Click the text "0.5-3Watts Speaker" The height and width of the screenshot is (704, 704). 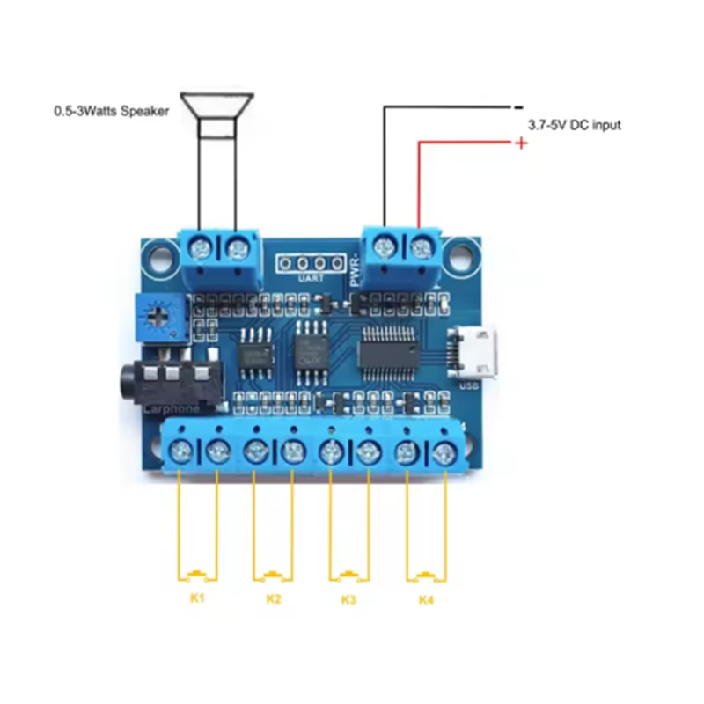[x=109, y=112]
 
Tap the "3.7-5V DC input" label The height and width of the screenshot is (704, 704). [x=574, y=125]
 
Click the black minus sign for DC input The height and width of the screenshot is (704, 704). [x=518, y=107]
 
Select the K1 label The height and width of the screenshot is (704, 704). [x=197, y=598]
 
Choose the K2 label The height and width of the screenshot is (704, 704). [x=274, y=599]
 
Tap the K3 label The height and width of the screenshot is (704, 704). [x=348, y=599]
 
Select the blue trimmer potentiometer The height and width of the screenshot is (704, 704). [x=158, y=319]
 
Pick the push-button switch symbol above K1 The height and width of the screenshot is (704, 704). [x=197, y=576]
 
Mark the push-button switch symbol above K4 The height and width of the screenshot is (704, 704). [x=426, y=576]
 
